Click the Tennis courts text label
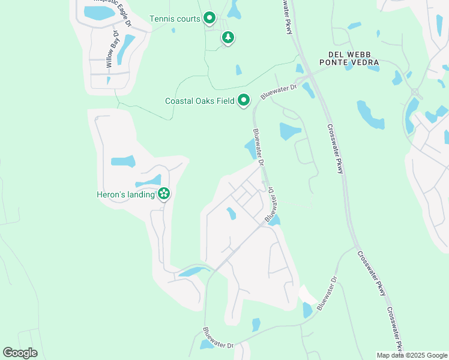coord(174,19)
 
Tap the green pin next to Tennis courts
coord(209,19)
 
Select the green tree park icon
coord(228,38)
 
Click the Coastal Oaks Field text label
coord(199,101)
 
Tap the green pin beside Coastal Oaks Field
coord(243,100)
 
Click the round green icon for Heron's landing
coord(163,194)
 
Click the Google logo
coord(20,353)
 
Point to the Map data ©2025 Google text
coord(411,355)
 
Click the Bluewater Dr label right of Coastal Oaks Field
coord(279,92)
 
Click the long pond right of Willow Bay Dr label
coord(125,49)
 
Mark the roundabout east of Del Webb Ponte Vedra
coord(415,91)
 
